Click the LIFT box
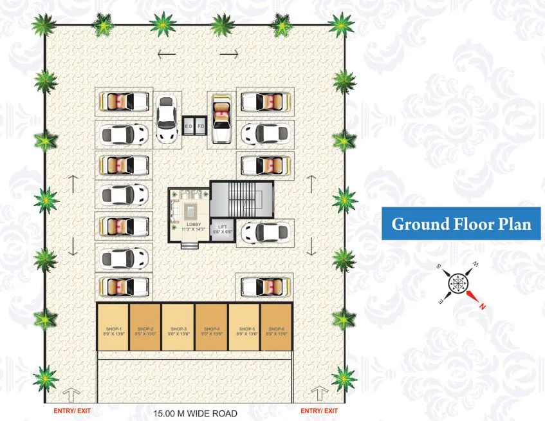point(223,229)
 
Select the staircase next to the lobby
point(243,199)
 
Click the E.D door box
point(189,125)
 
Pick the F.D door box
point(201,125)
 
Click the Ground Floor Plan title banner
point(461,224)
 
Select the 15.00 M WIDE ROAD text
point(196,413)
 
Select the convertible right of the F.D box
point(221,118)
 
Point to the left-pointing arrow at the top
point(166,55)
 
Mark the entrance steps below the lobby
point(190,245)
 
